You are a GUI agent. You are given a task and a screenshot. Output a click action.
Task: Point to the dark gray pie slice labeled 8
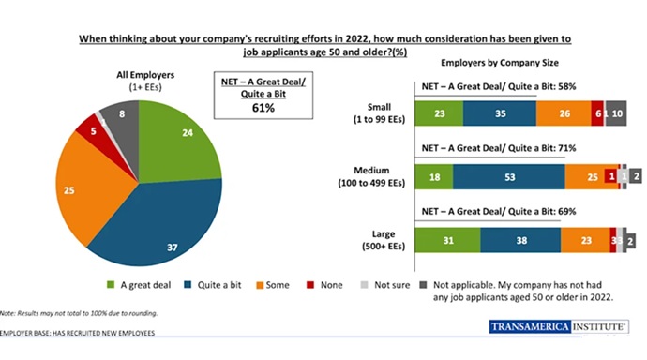[x=123, y=114]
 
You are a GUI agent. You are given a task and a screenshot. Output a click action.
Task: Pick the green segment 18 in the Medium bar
[x=433, y=176]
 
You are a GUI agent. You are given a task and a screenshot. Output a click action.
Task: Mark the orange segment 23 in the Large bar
[x=586, y=241]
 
